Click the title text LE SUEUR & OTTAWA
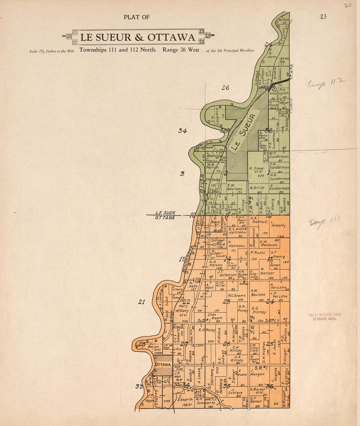coord(137,37)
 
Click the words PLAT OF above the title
coord(136,17)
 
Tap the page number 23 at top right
coord(323,17)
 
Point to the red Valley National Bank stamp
coord(325,317)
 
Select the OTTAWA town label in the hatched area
coord(163,365)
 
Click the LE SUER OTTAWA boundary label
coord(165,215)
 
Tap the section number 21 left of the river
coord(141,302)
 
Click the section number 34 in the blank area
coord(182,131)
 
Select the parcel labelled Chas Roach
coord(214,315)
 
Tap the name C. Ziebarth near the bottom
coord(185,400)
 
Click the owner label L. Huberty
coord(278,225)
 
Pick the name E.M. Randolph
coord(268,243)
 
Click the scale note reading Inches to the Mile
coord(52,51)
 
